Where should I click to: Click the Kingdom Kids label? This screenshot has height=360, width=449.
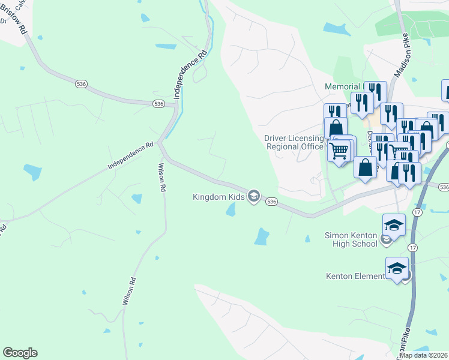click(x=218, y=196)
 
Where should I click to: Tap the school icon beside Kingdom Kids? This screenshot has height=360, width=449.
click(x=254, y=196)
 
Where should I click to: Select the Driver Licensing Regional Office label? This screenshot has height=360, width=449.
click(x=294, y=142)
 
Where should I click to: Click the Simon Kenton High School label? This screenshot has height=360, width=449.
click(x=351, y=239)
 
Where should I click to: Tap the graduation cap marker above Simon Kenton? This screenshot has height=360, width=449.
click(x=394, y=224)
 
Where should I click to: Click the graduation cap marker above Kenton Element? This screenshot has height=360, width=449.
click(x=397, y=268)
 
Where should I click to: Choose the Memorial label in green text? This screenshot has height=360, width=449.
click(x=342, y=86)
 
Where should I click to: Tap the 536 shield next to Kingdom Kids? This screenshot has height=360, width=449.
click(x=271, y=202)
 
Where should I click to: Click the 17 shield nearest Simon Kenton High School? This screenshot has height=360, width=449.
click(x=412, y=248)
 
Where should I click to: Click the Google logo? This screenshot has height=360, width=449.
click(x=20, y=353)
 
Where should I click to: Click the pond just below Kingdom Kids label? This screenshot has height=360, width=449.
click(x=231, y=210)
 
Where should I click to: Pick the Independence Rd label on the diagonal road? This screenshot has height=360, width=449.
click(x=131, y=155)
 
